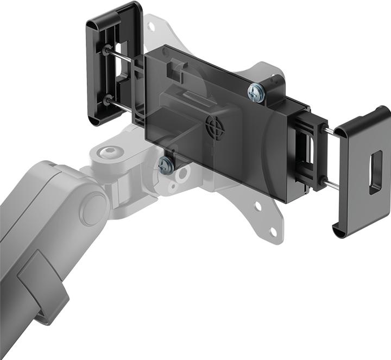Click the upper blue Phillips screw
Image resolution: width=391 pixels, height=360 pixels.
tap(255, 92)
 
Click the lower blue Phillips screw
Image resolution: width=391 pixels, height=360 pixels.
tap(167, 165)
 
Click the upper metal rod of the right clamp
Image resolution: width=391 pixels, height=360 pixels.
tap(331, 132)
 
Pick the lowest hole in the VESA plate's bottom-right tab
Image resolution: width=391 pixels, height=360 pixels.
tap(273, 232)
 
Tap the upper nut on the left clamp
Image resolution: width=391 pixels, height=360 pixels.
tap(104, 50)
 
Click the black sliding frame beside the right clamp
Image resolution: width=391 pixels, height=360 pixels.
tap(308, 149)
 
